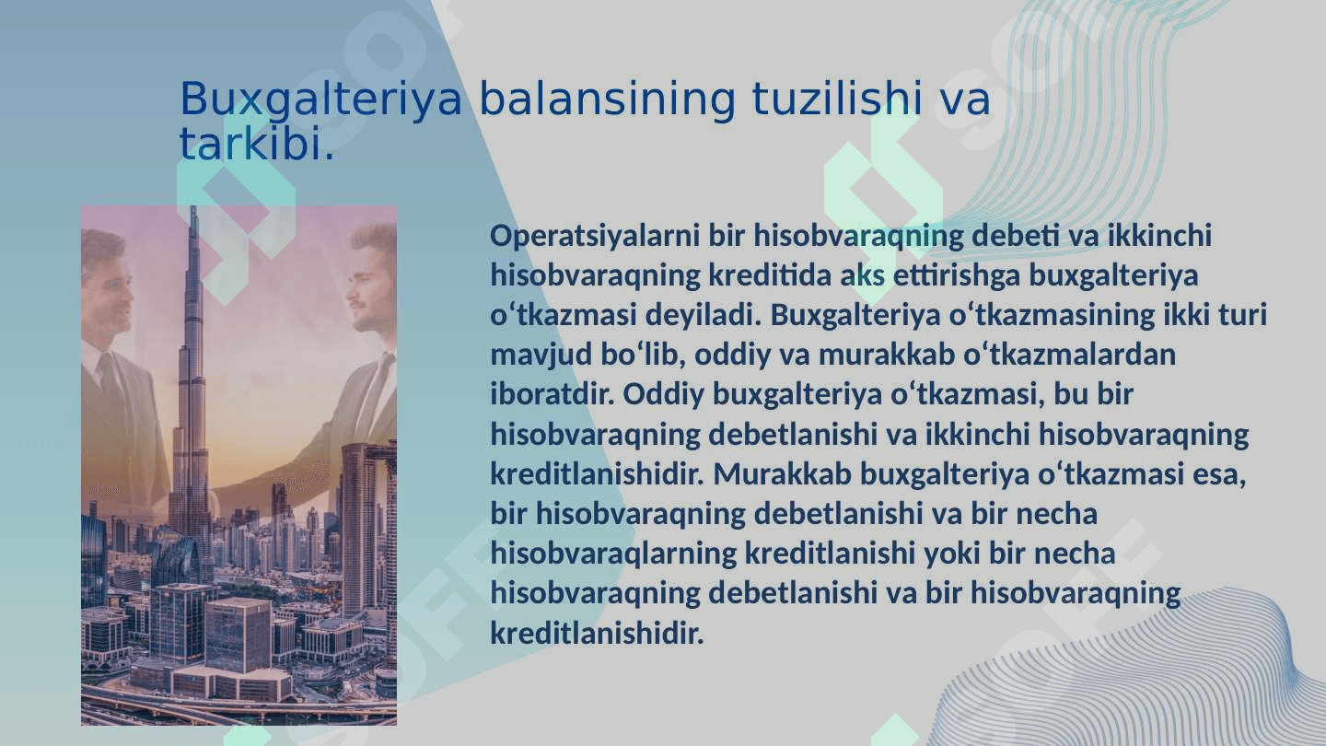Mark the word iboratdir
coord(551,394)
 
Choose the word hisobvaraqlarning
coord(613,554)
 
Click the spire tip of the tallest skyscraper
coord(193,207)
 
